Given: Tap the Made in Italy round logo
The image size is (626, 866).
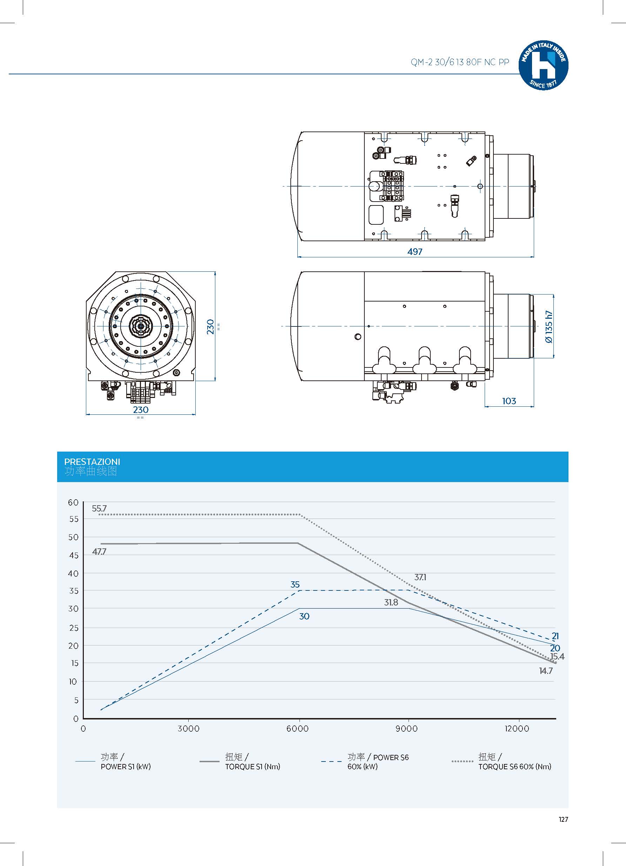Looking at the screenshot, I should point(543,66).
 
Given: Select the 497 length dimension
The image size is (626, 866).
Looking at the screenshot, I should point(415,252).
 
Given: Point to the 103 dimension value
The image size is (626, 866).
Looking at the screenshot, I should point(509,401).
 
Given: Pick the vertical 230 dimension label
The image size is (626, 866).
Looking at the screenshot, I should point(210,327).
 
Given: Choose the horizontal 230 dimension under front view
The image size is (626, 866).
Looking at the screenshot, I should point(141,410).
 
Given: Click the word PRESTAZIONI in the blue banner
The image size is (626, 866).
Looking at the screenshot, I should point(92,461).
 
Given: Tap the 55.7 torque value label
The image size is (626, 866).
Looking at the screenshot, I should point(99,509).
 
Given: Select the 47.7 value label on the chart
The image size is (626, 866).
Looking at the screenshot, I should point(99,552).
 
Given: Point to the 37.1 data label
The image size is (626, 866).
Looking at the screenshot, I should point(420,577).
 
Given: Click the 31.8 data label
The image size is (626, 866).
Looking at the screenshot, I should point(391,603).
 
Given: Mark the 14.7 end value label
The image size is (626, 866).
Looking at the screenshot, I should point(546,671).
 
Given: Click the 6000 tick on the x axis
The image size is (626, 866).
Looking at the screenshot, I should point(297,729).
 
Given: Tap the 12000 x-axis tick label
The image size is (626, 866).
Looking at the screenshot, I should point(517,729).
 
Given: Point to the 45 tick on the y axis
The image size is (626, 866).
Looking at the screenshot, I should point(74,555).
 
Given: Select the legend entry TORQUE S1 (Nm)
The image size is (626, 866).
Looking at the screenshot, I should point(253,766).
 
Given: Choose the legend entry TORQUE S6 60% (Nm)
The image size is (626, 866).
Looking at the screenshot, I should point(514,766).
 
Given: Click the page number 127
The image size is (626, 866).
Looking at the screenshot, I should point(563,820).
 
